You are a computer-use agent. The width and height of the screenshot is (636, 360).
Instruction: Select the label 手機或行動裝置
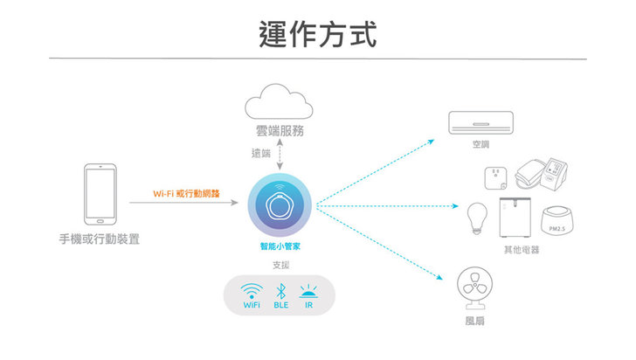coord(100,239)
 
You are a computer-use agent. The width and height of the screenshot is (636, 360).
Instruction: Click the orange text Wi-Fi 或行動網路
coord(186,193)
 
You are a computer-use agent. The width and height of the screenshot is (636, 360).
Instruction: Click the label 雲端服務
coord(280,131)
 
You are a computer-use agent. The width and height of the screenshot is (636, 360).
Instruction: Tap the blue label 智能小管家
coord(280,247)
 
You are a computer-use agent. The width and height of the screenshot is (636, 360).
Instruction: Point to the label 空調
coord(480,144)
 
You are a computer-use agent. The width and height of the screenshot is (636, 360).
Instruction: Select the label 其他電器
coord(522,250)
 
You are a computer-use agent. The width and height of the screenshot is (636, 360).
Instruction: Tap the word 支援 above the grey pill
coord(280,265)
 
